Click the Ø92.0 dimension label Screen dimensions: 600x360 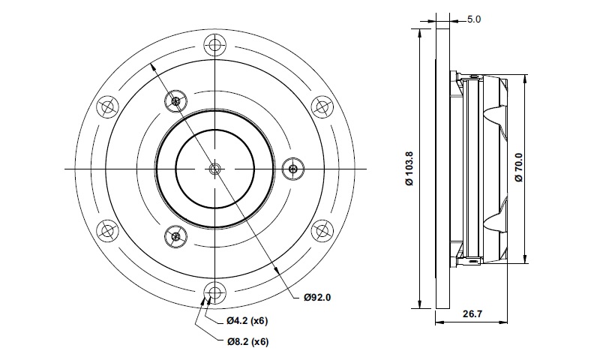[317, 297]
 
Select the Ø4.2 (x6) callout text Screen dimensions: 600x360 [247, 320]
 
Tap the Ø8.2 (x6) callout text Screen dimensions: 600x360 [247, 341]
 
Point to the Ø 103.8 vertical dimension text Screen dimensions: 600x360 [409, 168]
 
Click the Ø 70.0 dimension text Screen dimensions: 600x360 [518, 167]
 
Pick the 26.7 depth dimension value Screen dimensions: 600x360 [472, 314]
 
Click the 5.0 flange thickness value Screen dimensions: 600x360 [474, 19]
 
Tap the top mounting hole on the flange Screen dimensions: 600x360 [215, 44]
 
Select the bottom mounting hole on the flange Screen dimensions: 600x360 [215, 293]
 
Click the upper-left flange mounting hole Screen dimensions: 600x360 [107, 106]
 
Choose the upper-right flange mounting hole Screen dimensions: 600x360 [322, 106]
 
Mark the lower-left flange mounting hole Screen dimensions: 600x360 [107, 231]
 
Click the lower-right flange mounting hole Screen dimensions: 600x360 [322, 231]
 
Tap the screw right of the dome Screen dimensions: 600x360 [293, 168]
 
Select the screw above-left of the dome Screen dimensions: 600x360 [176, 101]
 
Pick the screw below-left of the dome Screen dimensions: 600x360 [176, 235]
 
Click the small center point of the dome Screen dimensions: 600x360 [215, 168]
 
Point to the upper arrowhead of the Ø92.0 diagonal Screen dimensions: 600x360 [152, 67]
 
